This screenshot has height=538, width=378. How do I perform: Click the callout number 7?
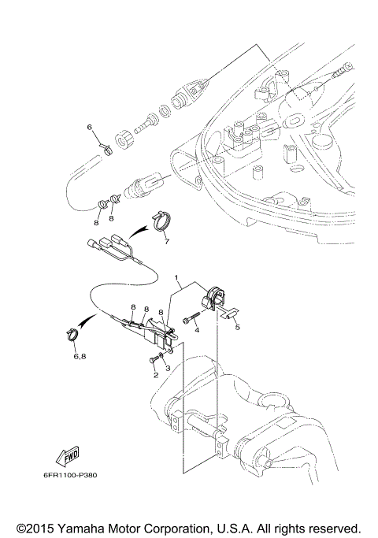pyautogui.click(x=166, y=243)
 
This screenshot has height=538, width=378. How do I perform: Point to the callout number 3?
pyautogui.click(x=167, y=368)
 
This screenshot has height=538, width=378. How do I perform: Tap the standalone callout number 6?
pyautogui.click(x=89, y=126)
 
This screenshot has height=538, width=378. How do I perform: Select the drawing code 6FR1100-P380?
pyautogui.click(x=71, y=475)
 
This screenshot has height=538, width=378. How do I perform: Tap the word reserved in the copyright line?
pyautogui.click(x=334, y=527)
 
